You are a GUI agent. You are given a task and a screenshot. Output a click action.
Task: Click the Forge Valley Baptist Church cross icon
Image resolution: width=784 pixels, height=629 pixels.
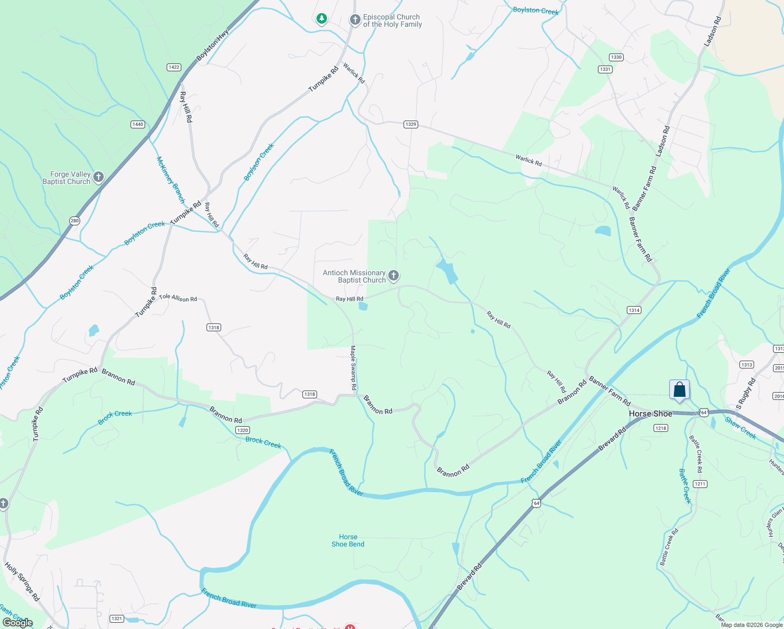point(98,178)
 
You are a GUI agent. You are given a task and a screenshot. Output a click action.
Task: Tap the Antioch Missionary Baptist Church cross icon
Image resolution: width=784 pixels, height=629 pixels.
point(394,276)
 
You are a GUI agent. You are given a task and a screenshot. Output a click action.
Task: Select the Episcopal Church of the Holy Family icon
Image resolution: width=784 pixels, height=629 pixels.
point(355,20)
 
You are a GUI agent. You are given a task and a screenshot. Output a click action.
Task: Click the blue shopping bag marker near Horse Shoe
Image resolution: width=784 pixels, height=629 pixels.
point(679,390)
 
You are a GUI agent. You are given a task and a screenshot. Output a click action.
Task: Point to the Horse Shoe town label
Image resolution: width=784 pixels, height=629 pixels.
point(650,414)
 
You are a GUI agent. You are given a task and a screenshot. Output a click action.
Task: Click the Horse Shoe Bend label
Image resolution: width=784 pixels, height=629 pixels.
point(348,540)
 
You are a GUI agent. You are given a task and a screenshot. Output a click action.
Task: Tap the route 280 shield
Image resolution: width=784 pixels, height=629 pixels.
point(74,221)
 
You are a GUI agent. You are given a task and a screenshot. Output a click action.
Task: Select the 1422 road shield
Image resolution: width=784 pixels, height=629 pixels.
point(174,67)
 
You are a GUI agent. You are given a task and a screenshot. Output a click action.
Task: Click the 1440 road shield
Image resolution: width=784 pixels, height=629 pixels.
point(138,124)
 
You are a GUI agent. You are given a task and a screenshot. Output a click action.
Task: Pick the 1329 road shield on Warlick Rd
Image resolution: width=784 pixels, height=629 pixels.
point(410,124)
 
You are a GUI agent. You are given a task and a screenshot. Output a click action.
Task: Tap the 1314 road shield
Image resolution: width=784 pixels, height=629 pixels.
point(634,310)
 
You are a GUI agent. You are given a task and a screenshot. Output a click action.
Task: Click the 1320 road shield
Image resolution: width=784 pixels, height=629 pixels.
point(242,430)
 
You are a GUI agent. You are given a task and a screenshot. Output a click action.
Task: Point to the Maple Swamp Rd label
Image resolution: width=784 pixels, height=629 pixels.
point(353,367)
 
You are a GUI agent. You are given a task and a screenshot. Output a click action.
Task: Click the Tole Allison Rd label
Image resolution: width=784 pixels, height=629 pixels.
point(178,298)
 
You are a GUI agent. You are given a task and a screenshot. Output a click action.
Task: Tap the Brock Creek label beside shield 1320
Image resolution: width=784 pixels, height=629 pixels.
point(264,443)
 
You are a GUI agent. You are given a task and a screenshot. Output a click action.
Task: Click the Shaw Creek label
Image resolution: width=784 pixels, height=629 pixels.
point(741,428)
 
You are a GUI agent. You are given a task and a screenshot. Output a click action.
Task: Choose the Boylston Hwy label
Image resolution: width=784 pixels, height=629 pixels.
point(213,45)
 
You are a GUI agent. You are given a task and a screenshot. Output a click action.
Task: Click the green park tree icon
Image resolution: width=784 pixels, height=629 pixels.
point(322,19)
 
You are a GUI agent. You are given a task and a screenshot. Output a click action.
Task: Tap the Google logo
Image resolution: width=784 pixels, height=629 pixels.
point(18,623)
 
